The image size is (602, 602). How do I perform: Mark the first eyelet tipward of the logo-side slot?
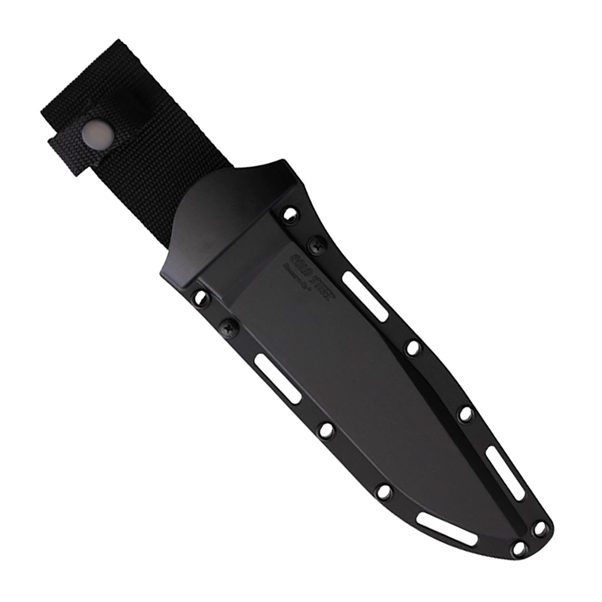412,347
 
